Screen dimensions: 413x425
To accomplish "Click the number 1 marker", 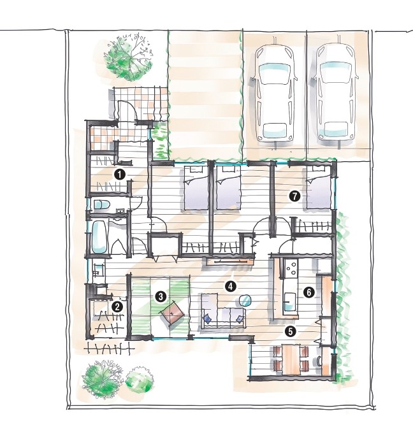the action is (120, 175).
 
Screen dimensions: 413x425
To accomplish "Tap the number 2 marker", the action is (117, 307).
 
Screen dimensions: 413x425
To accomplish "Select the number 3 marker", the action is (161, 296).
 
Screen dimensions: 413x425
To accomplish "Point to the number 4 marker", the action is (230, 286).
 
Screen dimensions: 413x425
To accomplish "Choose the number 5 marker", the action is (291, 331).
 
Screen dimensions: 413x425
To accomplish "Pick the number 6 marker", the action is (309, 292).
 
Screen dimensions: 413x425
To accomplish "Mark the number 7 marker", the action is (294, 196).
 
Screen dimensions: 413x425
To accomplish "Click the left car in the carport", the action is (275, 94).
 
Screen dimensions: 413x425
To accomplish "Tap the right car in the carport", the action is (336, 94).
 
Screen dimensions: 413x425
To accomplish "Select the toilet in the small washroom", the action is (101, 205).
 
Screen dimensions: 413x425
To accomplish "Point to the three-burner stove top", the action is (291, 268).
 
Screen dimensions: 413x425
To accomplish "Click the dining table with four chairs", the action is (291, 359).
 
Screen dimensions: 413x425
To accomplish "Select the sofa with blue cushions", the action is (223, 311).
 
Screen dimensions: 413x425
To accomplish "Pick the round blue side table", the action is (245, 300).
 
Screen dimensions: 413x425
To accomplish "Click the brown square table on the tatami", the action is (173, 313).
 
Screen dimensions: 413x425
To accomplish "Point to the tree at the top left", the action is (128, 57).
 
